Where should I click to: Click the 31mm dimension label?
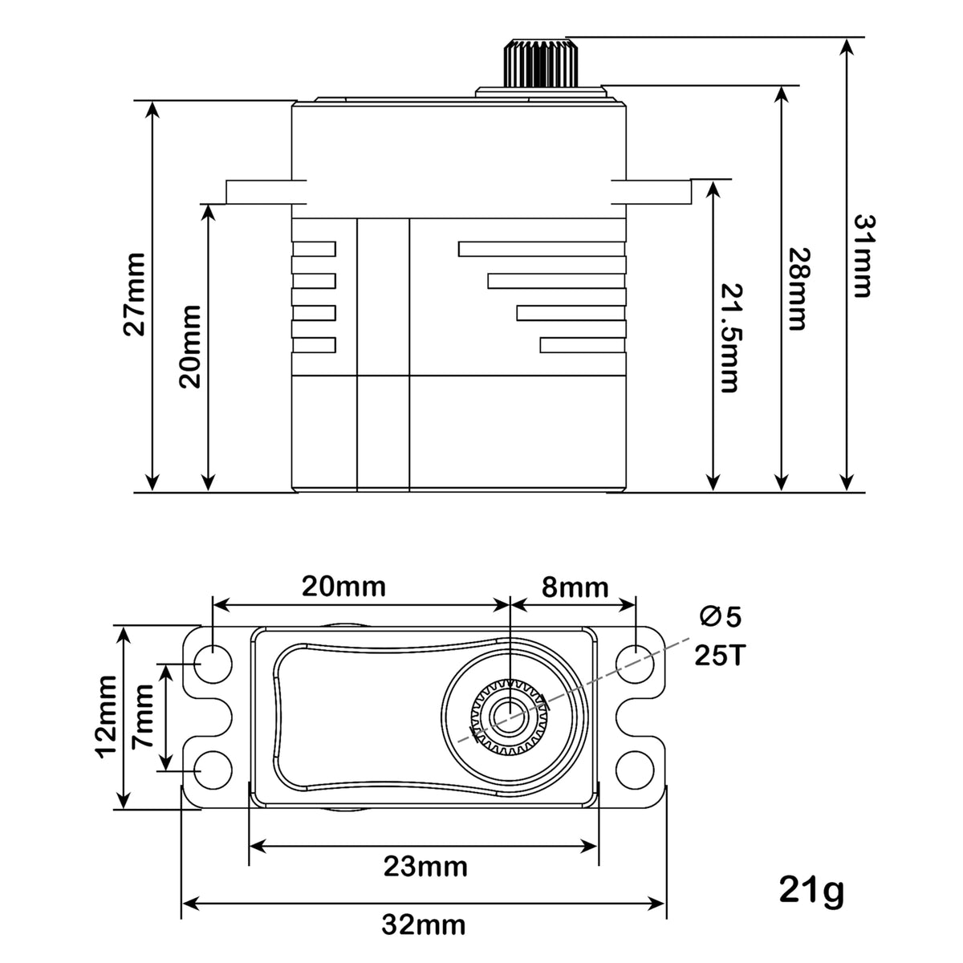(x=863, y=256)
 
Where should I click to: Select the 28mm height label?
(x=798, y=288)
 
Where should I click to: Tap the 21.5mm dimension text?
(x=730, y=339)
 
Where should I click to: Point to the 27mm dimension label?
(x=135, y=295)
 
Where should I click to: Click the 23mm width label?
(x=426, y=867)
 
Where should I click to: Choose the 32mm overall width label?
(x=424, y=925)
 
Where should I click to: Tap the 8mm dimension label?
(x=575, y=587)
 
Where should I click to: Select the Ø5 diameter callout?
(x=720, y=617)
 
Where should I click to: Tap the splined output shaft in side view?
(x=539, y=63)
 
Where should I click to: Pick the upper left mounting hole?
(x=213, y=664)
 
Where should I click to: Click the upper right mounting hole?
(x=635, y=664)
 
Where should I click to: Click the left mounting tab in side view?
(x=266, y=192)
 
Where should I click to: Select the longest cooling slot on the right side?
(x=542, y=249)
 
